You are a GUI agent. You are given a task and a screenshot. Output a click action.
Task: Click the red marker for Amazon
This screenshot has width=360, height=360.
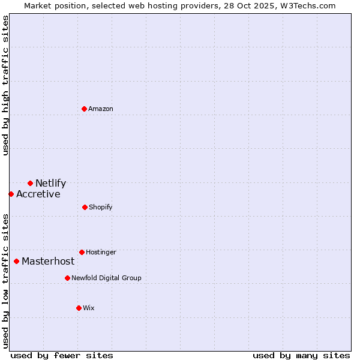click(85, 109)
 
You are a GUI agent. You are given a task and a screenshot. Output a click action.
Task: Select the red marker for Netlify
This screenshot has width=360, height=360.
click(30, 183)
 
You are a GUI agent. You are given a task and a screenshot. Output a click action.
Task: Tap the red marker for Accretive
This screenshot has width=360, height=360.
click(11, 194)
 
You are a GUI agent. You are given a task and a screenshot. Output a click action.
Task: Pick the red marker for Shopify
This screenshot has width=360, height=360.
click(85, 207)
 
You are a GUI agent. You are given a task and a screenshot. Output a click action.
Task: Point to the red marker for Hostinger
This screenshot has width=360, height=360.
click(82, 252)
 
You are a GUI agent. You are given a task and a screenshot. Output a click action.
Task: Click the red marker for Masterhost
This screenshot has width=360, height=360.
click(16, 261)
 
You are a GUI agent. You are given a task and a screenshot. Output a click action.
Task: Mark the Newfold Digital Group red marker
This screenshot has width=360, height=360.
click(67, 278)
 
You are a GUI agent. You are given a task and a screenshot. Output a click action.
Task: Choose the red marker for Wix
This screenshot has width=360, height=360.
click(79, 308)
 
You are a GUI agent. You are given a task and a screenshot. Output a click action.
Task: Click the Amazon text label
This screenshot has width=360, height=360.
click(101, 109)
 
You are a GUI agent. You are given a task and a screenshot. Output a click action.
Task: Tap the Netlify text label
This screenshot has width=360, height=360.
click(50, 184)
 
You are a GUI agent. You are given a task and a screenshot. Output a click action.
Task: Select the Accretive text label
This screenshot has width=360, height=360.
click(38, 194)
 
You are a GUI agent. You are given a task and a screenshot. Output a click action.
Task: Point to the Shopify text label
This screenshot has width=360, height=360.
click(101, 208)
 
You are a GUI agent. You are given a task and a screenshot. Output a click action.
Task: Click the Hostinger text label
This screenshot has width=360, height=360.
click(101, 253)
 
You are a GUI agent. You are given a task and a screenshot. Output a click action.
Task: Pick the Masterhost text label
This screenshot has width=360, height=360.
click(48, 262)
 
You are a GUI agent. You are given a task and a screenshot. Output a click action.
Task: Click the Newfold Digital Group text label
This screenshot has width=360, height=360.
click(106, 278)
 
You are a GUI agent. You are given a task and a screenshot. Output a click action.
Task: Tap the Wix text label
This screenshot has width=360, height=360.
click(89, 308)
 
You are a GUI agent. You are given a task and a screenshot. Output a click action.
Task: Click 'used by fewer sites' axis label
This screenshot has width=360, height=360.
click(62, 355)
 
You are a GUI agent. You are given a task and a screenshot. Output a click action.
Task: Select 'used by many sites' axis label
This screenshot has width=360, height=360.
click(301, 355)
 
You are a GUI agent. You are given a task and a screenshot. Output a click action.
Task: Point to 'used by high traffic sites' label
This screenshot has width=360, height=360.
click(5, 85)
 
